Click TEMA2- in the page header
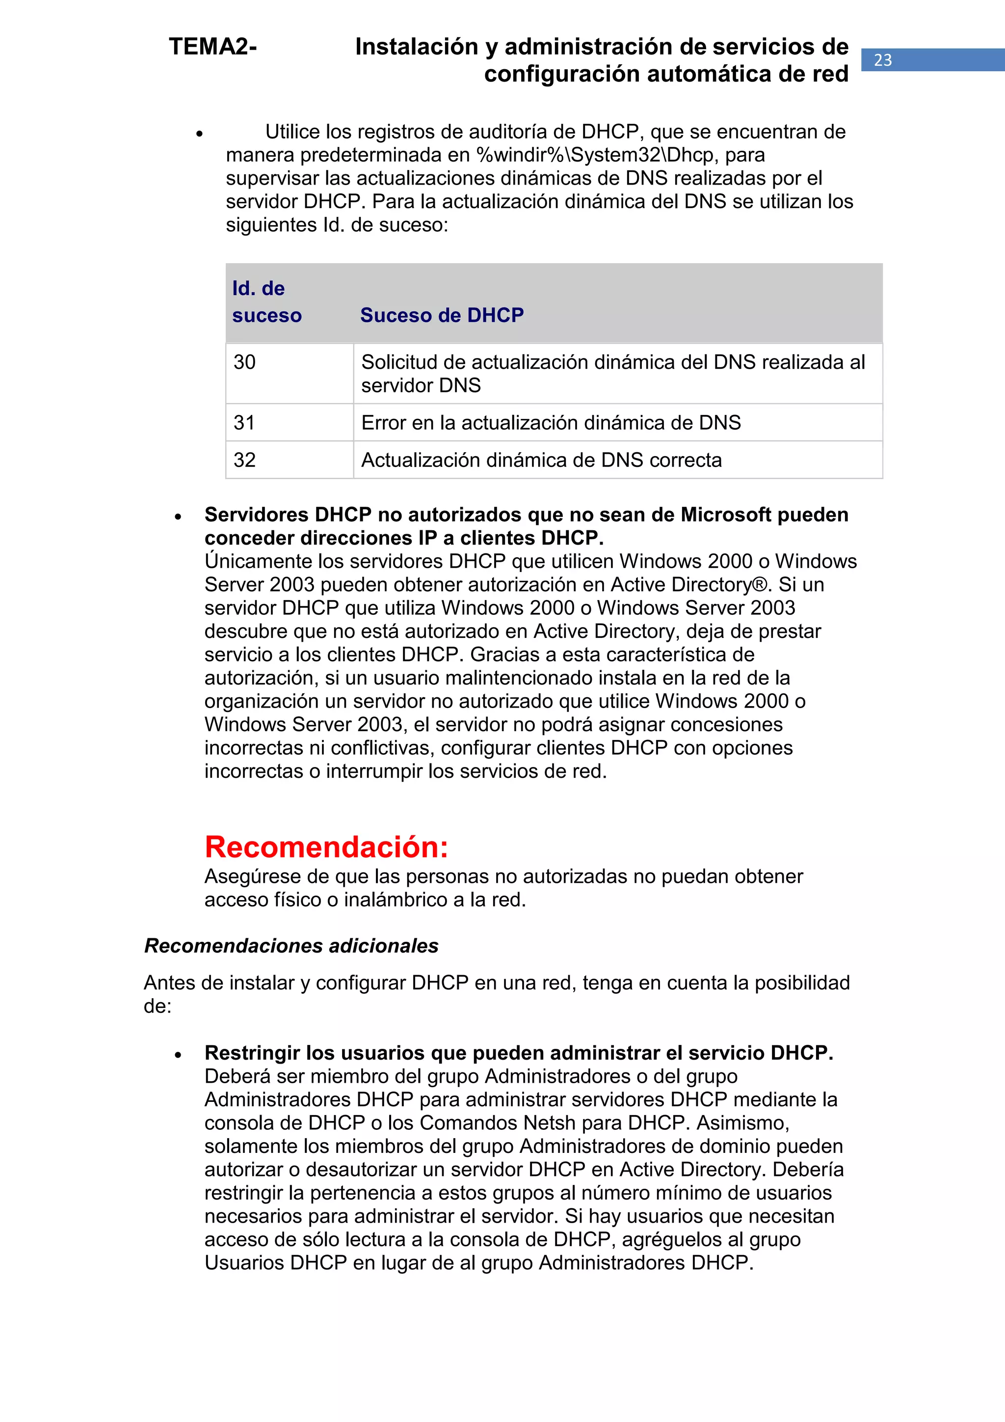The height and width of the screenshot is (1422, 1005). click(212, 47)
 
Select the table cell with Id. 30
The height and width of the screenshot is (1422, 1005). click(289, 373)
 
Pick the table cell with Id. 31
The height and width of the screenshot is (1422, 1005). click(289, 422)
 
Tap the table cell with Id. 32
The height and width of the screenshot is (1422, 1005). click(289, 460)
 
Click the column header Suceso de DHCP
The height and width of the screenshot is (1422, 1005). click(442, 315)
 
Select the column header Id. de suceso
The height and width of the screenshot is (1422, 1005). click(267, 301)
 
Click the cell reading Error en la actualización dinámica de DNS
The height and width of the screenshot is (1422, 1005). click(551, 422)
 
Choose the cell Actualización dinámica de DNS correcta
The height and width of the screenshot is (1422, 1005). click(541, 460)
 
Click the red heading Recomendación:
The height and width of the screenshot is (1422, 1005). click(326, 847)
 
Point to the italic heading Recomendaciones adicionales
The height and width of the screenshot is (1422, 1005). click(291, 946)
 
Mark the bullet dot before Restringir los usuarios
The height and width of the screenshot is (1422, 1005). click(178, 1054)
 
